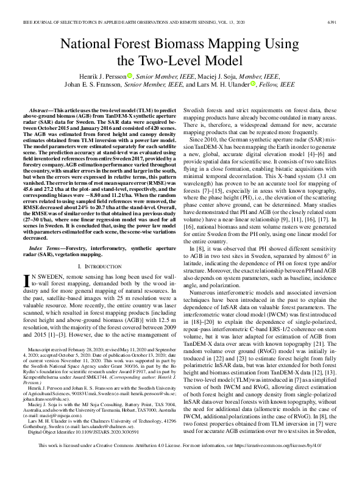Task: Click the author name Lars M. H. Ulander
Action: click(x=229, y=85)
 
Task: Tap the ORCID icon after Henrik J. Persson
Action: click(x=130, y=76)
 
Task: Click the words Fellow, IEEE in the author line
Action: click(x=278, y=85)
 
